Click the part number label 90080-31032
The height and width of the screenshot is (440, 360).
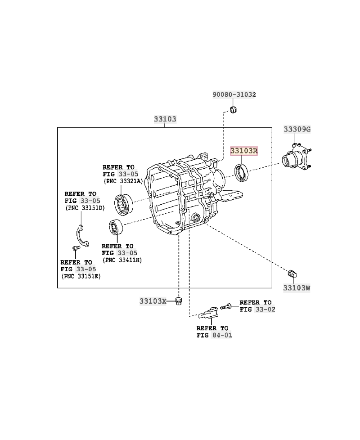tap(234, 94)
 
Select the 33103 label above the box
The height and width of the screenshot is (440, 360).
tap(165, 119)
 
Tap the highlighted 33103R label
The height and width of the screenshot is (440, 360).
tap(244, 151)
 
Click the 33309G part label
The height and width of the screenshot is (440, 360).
tap(297, 129)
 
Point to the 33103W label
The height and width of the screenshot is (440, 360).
tap(297, 287)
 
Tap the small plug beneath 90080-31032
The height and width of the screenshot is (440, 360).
tap(233, 110)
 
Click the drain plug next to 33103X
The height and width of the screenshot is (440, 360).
tap(179, 300)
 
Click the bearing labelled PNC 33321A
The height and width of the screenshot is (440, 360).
tap(123, 203)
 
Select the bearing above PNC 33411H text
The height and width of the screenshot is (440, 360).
tap(117, 227)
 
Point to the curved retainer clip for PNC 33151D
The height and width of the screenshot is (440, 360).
tap(81, 236)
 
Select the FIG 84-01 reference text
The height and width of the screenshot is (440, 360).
tap(214, 335)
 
